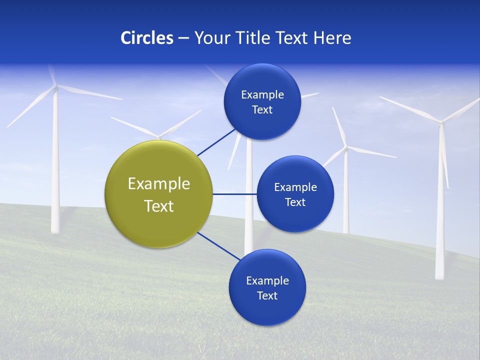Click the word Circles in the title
tap(147, 38)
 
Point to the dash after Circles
tap(183, 38)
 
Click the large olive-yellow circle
tap(158, 194)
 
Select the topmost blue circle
tap(262, 101)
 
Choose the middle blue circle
tap(295, 194)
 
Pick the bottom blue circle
tap(267, 287)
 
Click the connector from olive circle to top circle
tap(216, 142)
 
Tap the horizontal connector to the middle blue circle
tap(234, 194)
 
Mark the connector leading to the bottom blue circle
tap(218, 246)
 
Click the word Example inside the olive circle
tap(158, 183)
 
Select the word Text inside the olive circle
tap(158, 206)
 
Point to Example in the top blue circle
tap(262, 94)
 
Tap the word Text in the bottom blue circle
tap(267, 295)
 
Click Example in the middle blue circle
tap(295, 187)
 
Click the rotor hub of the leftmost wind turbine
tap(55, 87)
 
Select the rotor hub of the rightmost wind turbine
tap(441, 121)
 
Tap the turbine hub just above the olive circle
tap(158, 137)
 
